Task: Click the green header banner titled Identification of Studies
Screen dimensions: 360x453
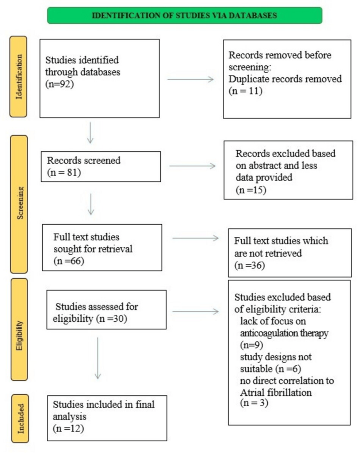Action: [x=185, y=15]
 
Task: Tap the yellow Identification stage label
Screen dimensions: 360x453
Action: [x=19, y=77]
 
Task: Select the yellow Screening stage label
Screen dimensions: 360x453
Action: [x=19, y=204]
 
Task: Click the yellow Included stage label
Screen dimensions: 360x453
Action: [x=20, y=419]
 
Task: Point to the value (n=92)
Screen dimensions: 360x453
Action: [x=60, y=84]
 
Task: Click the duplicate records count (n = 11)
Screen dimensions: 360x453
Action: [x=246, y=91]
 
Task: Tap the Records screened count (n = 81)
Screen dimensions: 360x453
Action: [x=64, y=173]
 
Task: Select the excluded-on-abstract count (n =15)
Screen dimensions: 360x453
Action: [x=251, y=190]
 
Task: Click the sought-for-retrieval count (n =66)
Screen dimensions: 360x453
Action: [x=69, y=261]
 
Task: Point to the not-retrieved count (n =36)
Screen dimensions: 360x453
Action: [x=250, y=265]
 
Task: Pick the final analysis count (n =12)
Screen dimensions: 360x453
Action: [x=68, y=429]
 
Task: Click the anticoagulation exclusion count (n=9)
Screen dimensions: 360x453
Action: [x=252, y=345]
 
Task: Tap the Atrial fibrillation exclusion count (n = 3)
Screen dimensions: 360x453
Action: [x=254, y=403]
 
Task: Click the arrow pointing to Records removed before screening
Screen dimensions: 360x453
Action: [x=191, y=80]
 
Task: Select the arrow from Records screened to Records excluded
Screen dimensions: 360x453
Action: [x=192, y=166]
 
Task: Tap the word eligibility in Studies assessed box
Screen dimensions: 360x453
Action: [x=73, y=319]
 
